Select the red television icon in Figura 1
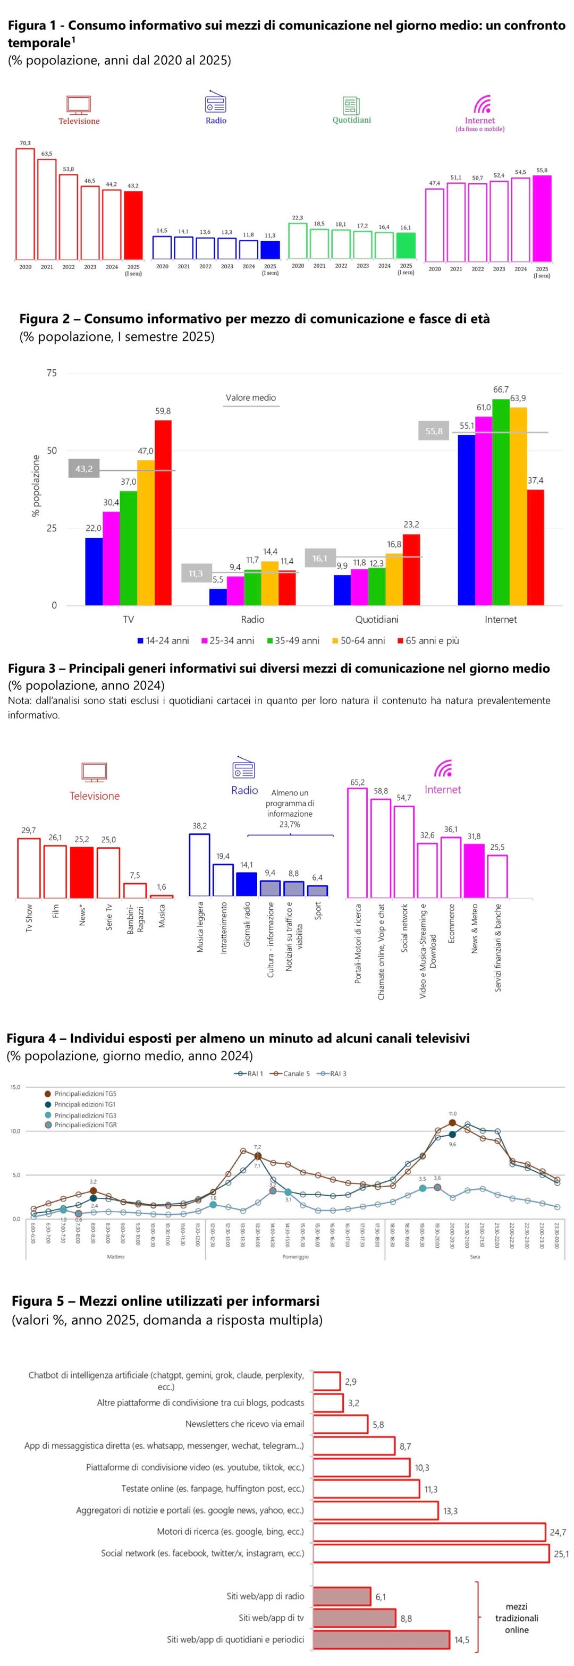[x=78, y=104]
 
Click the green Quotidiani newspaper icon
[x=351, y=105]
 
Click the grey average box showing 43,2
[x=84, y=468]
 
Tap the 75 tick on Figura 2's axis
[x=52, y=373]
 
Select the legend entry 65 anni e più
[x=428, y=640]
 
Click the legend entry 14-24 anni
[x=163, y=640]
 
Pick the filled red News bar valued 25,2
[x=81, y=872]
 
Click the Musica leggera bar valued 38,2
[x=199, y=865]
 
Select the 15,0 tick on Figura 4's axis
[x=15, y=1087]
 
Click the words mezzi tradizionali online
[x=517, y=1618]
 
